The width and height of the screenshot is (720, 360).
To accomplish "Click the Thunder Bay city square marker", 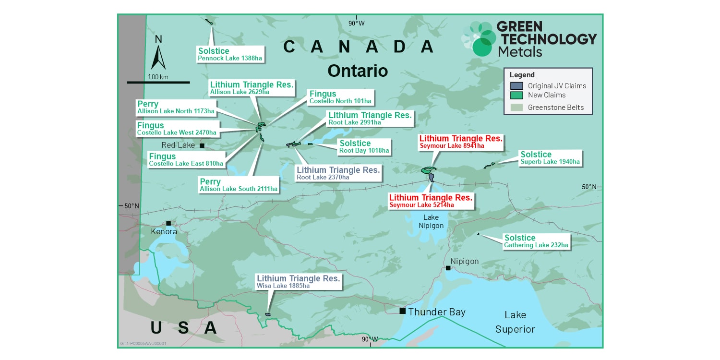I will click(402, 311).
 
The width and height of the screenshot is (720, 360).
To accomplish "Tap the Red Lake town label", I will click(178, 145).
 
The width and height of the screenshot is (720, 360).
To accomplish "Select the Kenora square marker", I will click(168, 223).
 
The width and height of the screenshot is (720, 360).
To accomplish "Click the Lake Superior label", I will click(515, 322).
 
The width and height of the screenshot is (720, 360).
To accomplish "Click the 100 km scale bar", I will click(158, 82).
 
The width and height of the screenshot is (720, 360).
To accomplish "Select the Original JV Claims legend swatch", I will click(516, 86).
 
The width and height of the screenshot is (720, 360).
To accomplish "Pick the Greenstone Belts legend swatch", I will click(516, 108).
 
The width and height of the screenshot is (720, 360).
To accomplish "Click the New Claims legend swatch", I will click(516, 95).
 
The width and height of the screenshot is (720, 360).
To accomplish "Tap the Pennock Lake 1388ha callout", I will click(230, 54).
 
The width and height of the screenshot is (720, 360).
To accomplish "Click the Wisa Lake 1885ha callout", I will click(298, 282).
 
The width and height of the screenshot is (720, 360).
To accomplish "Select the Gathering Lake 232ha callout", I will click(536, 241).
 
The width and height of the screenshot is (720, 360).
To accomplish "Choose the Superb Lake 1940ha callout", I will click(550, 158).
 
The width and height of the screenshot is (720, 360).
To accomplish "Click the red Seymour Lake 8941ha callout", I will click(461, 142).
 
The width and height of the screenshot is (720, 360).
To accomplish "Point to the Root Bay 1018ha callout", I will click(364, 146).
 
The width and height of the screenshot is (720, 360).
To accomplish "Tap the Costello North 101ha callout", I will click(340, 97).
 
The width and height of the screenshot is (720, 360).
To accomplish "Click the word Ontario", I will click(357, 71).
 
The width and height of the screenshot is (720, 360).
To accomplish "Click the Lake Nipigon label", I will click(431, 221).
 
